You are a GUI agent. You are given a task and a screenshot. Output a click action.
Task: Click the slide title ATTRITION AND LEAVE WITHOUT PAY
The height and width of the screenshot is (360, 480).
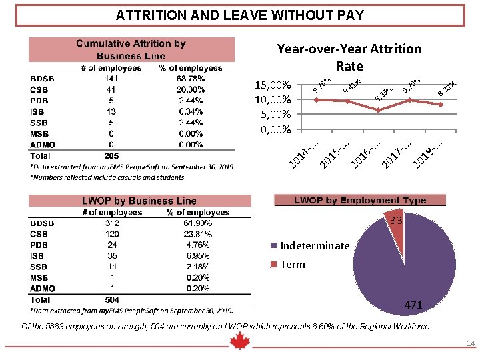point(240,15)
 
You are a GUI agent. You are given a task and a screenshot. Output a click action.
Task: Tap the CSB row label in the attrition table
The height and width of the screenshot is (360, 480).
point(39,89)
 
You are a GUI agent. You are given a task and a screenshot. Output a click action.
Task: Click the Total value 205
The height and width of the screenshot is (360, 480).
point(111,155)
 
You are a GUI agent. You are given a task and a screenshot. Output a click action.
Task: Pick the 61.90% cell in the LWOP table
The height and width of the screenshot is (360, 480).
point(198,223)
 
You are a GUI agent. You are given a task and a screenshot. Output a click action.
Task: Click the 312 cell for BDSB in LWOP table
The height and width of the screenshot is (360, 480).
point(112,223)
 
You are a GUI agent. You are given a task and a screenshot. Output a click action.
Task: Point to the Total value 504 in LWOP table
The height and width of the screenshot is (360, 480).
point(112,299)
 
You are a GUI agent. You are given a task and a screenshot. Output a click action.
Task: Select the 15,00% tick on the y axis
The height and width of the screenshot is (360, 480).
point(273,85)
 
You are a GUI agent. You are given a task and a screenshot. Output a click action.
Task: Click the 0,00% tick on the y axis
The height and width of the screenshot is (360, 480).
point(273,129)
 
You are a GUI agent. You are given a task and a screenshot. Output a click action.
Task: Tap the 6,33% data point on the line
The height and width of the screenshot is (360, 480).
point(378,110)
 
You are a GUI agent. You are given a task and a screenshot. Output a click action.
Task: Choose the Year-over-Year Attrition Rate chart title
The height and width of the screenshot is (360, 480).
point(349,57)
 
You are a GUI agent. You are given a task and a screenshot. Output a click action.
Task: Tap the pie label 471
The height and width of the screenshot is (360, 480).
point(413,305)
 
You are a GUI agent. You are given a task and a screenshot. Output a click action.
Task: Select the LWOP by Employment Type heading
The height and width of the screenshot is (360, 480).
point(360,200)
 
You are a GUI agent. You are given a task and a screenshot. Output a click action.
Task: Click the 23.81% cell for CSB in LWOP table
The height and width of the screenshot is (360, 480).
point(198,234)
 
